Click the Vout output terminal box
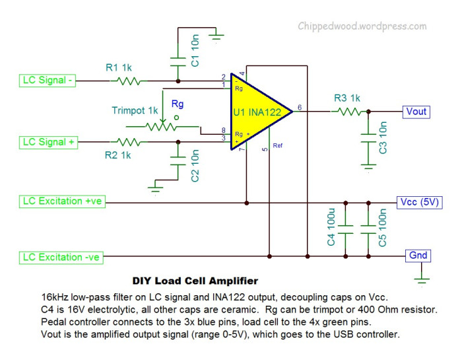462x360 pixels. pos(415,111)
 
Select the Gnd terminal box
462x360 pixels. pos(418,255)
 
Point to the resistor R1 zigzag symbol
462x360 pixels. pos(127,81)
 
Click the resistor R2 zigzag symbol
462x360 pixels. pos(127,141)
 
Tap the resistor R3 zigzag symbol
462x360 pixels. pos(347,112)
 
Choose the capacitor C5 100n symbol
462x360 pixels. pos(368,228)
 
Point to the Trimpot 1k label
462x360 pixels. pos(135,110)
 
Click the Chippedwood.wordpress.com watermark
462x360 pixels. pos(362,26)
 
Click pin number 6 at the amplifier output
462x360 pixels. pos(300,107)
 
